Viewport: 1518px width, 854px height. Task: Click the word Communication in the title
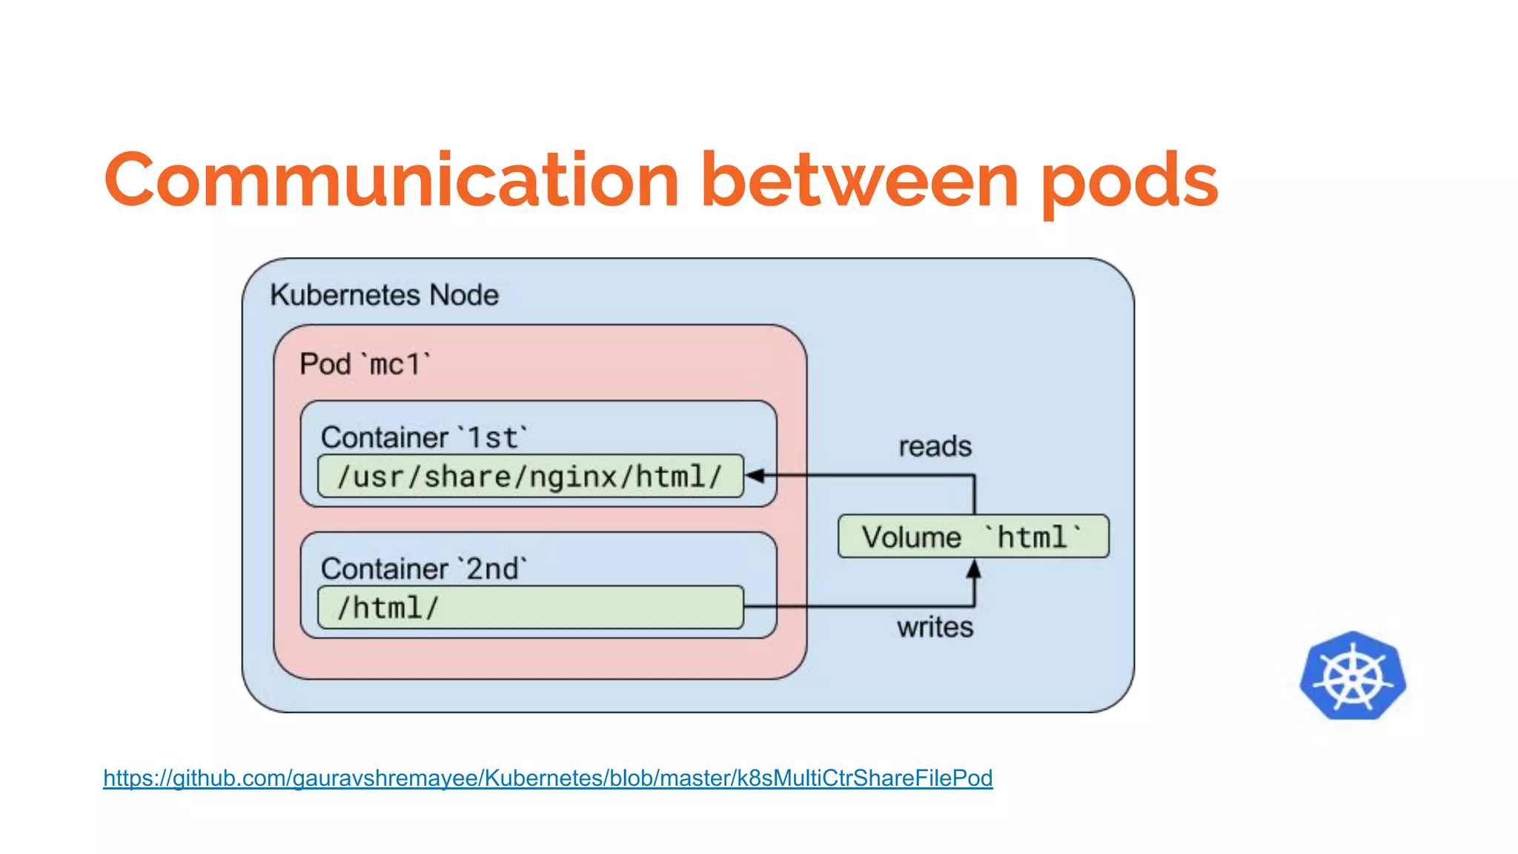(x=391, y=180)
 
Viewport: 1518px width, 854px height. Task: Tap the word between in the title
(x=860, y=180)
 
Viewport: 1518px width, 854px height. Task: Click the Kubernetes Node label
(x=384, y=295)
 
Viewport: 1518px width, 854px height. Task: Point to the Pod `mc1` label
(x=365, y=365)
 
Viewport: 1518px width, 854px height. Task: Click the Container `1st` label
(x=425, y=437)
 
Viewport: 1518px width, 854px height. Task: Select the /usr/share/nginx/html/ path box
(x=530, y=477)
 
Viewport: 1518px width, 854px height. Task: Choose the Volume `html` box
(x=973, y=537)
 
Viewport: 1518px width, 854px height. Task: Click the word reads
(x=935, y=447)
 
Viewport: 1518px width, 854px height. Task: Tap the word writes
(x=935, y=628)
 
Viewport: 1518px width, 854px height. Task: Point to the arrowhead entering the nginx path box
(x=755, y=476)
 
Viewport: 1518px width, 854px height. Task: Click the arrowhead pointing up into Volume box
(x=974, y=569)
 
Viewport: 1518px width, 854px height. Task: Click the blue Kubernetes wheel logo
(x=1353, y=676)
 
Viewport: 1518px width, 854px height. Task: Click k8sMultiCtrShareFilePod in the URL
(x=864, y=778)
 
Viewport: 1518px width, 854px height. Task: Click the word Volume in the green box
(x=912, y=537)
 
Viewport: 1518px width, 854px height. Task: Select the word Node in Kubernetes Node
(x=464, y=295)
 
